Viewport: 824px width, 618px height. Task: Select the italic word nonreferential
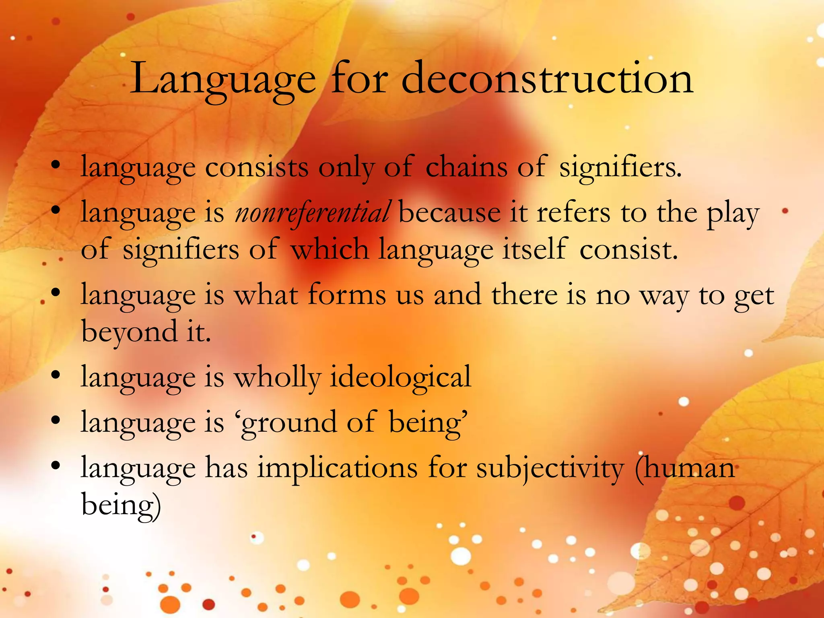[x=312, y=212]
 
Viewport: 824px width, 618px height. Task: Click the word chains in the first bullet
[x=466, y=167]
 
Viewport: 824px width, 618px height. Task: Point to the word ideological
[x=400, y=377]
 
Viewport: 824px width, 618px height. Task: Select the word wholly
[x=278, y=377]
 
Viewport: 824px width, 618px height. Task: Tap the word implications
[x=338, y=468]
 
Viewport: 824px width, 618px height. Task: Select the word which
[x=330, y=249]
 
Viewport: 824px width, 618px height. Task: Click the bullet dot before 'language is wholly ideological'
[x=56, y=375]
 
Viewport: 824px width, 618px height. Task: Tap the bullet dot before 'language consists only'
[x=56, y=165]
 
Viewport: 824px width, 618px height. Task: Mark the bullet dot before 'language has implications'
[x=56, y=466]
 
